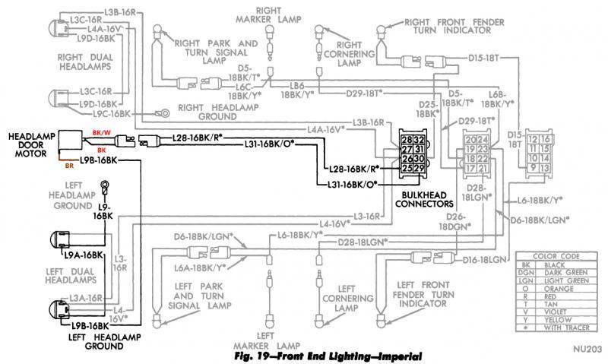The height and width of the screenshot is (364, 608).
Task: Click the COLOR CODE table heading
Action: click(560, 256)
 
